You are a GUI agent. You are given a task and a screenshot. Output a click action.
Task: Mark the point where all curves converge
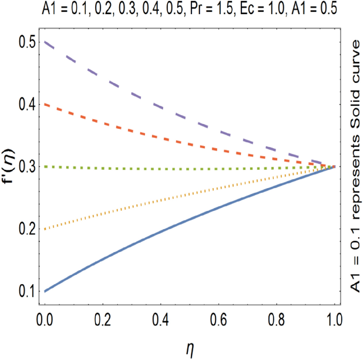pyautogui.click(x=334, y=166)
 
